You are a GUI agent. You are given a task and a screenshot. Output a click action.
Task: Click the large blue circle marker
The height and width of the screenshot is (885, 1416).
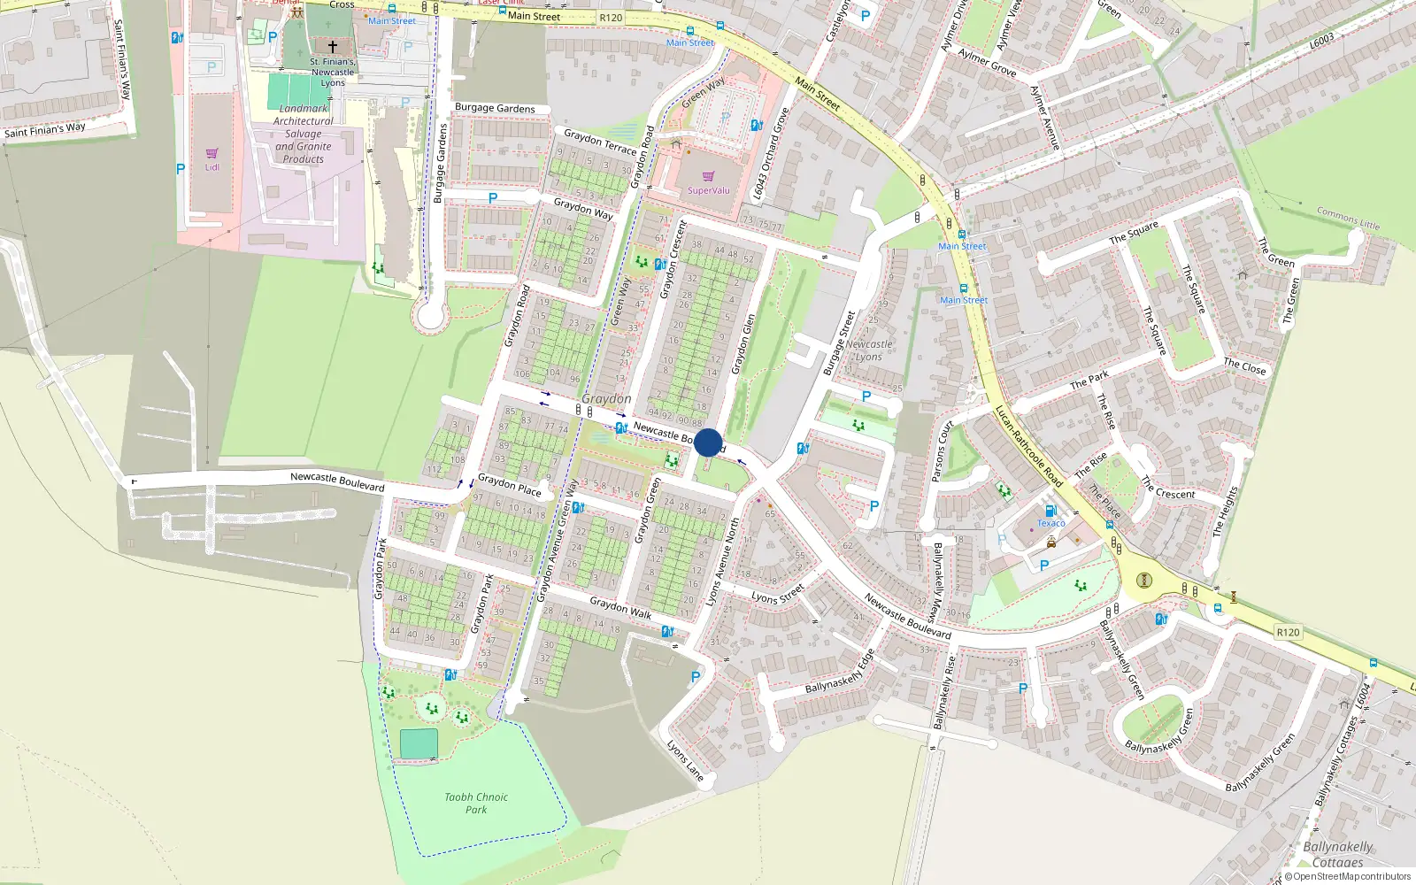(708, 442)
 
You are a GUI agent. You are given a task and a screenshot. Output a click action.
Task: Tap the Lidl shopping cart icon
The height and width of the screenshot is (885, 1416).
(212, 154)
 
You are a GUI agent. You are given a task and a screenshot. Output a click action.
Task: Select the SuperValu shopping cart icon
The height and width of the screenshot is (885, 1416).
(708, 177)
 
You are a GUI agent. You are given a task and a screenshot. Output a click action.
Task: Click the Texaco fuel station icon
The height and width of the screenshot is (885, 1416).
(1050, 511)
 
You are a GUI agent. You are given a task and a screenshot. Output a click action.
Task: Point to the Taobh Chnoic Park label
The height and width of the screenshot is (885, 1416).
(476, 803)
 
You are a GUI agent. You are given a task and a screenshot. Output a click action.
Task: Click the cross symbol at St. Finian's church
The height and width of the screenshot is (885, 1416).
(333, 47)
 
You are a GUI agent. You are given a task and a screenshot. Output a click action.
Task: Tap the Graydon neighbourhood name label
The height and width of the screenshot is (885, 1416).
(606, 399)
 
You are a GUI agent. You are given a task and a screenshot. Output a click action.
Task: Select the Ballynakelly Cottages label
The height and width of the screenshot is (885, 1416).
(1337, 854)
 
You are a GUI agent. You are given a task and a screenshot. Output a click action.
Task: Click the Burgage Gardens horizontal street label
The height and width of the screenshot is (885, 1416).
(495, 108)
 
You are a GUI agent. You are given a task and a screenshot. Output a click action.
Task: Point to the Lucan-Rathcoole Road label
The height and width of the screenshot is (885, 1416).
(1028, 446)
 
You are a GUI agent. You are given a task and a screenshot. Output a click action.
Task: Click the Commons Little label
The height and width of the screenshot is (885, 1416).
(1348, 218)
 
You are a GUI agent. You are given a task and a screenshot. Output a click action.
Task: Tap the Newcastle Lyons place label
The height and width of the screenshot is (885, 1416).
(868, 350)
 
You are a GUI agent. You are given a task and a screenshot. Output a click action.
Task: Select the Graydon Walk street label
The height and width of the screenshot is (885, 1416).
(620, 608)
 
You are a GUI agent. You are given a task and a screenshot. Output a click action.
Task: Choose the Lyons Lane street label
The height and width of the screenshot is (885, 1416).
(685, 761)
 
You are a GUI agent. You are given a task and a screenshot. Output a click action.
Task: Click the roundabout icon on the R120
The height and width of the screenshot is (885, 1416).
(1144, 581)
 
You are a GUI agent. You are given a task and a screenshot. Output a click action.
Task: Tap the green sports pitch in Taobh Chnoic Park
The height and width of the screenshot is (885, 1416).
(419, 744)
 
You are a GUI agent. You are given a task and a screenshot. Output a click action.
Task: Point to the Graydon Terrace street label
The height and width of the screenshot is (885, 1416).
(600, 142)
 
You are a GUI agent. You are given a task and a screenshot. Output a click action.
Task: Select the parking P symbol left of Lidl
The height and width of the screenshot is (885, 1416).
(181, 169)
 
